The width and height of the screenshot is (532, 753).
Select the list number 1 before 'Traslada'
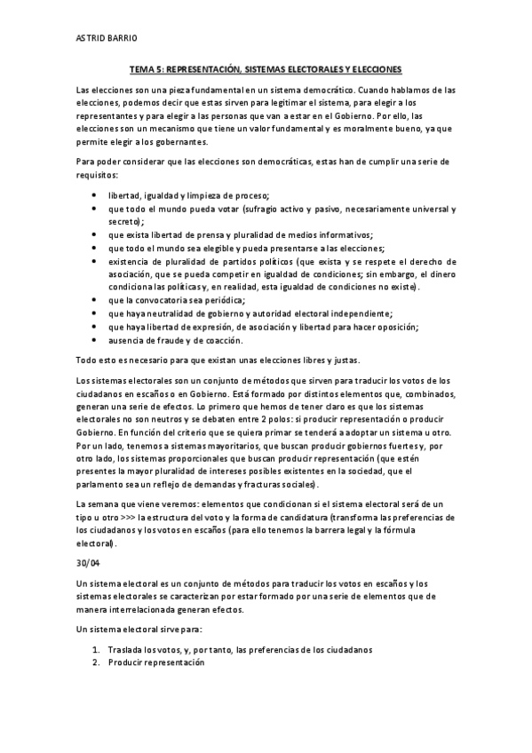96,649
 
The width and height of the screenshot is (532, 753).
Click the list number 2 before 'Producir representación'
96,662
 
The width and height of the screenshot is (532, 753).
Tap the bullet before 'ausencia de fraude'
96,340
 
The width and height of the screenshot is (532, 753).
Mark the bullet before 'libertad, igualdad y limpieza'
96,194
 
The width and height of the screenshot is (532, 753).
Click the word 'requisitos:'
98,176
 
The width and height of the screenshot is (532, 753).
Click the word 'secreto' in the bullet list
124,221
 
